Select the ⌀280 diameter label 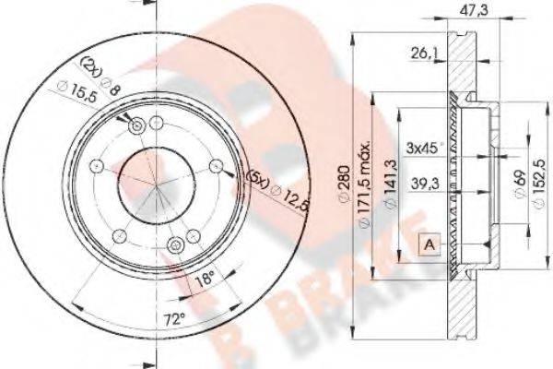[344, 184]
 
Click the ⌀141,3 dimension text [392, 183]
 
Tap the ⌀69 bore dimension [521, 184]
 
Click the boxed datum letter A [429, 244]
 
